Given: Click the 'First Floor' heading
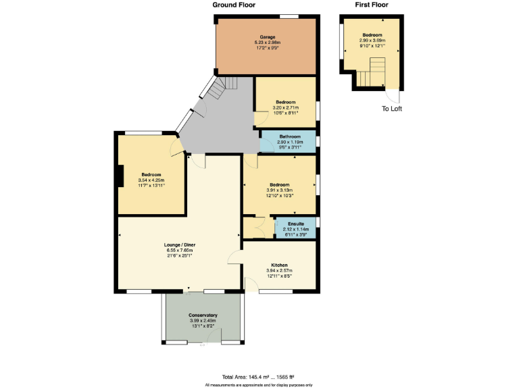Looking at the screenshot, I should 372,5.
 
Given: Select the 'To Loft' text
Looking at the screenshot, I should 392,108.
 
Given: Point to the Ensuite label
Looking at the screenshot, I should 296,224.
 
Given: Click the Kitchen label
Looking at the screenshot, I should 280,265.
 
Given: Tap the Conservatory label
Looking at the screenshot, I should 203,315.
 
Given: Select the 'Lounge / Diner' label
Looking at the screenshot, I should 180,244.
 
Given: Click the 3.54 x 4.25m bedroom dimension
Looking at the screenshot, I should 151,180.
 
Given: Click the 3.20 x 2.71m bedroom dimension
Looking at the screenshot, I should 285,107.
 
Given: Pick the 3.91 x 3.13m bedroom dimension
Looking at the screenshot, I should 279,190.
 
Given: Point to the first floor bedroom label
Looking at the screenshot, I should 372,35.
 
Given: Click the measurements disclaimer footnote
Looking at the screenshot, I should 259,385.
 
